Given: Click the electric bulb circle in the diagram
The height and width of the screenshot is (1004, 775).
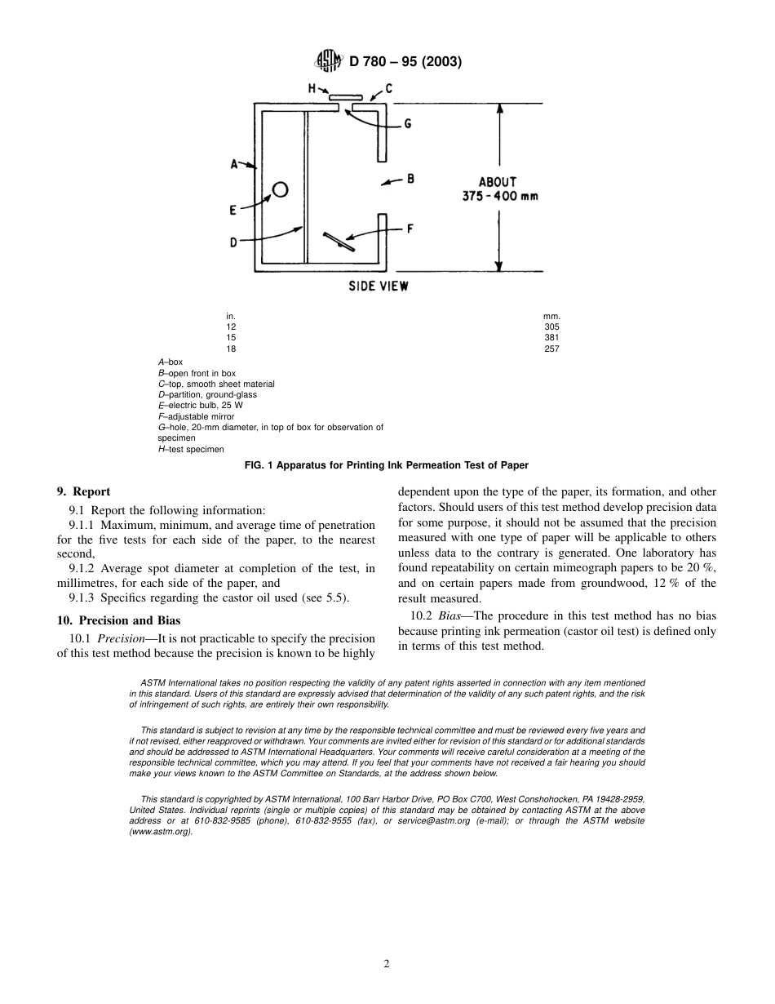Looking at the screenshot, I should pyautogui.click(x=280, y=189).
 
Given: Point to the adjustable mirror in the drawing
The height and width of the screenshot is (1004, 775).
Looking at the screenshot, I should pyautogui.click(x=338, y=242).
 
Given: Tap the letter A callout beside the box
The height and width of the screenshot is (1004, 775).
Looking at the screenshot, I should pyautogui.click(x=234, y=165).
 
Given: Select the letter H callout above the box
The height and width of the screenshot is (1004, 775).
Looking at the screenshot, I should pyautogui.click(x=312, y=87).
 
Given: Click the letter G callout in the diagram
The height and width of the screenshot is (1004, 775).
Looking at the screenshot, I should pyautogui.click(x=407, y=124).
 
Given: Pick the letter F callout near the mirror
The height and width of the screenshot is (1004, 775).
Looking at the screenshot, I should pyautogui.click(x=410, y=229).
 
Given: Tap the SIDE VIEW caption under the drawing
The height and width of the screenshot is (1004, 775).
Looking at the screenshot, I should pyautogui.click(x=379, y=287).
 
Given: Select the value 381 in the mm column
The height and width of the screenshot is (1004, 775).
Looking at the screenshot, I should pyautogui.click(x=551, y=338).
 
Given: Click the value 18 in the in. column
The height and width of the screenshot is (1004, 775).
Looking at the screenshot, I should pyautogui.click(x=231, y=349).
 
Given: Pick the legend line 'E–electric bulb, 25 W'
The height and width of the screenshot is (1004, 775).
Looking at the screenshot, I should pyautogui.click(x=200, y=406).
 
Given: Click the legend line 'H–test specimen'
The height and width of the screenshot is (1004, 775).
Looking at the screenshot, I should pyautogui.click(x=190, y=449).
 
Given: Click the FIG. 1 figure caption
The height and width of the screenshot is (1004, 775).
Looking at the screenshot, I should pyautogui.click(x=387, y=465).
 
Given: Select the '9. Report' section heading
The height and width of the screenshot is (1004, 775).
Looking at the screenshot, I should pyautogui.click(x=83, y=491).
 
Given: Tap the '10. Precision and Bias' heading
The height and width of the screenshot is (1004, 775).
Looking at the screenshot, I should pyautogui.click(x=118, y=620).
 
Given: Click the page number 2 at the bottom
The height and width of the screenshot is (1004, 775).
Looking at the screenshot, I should pyautogui.click(x=387, y=963).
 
